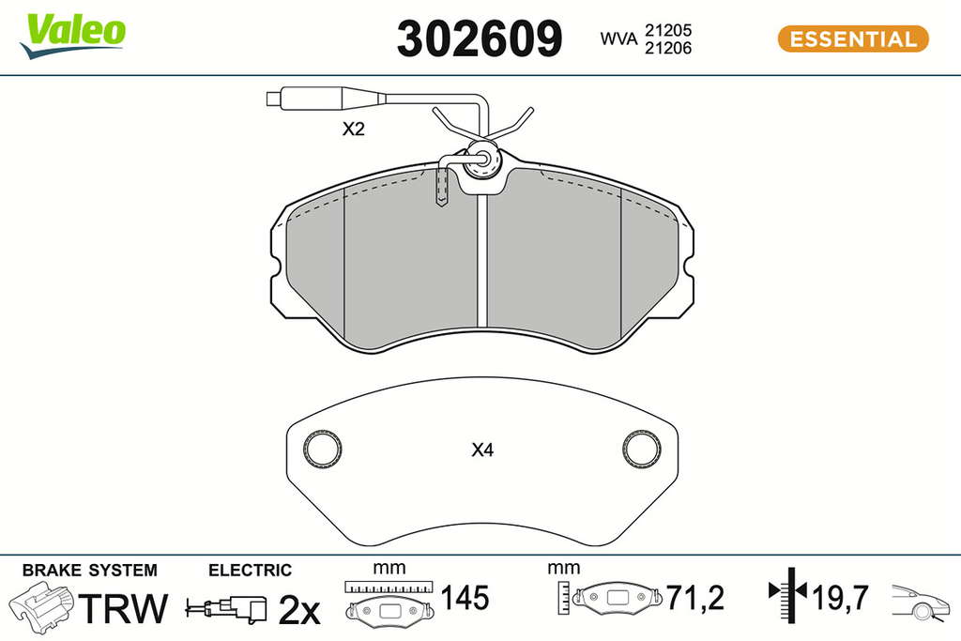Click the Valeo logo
72,36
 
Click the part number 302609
480,38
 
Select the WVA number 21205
668,29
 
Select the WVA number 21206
668,48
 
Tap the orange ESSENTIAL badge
853,38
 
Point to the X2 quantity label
353,129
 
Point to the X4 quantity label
482,450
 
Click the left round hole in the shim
323,450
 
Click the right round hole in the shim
642,449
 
